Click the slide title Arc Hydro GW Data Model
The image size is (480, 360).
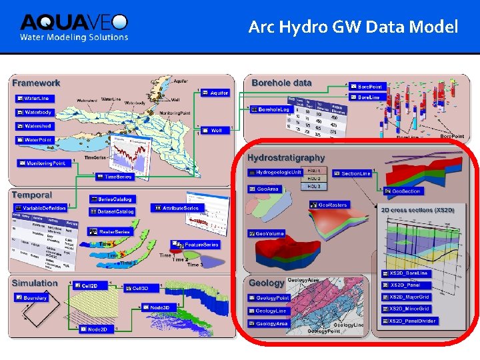pos(353,27)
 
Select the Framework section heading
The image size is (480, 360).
pos(36,83)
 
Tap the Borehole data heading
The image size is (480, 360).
pos(281,83)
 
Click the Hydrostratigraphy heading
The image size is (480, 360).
pos(286,157)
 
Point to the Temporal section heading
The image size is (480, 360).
pos(32,195)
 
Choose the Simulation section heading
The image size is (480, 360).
pos(35,283)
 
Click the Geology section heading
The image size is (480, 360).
pos(266,283)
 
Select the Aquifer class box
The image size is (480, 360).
pos(215,93)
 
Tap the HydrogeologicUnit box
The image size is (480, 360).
pos(275,172)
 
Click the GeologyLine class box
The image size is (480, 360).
pos(269,311)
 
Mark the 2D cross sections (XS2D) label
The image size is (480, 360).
pos(417,210)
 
